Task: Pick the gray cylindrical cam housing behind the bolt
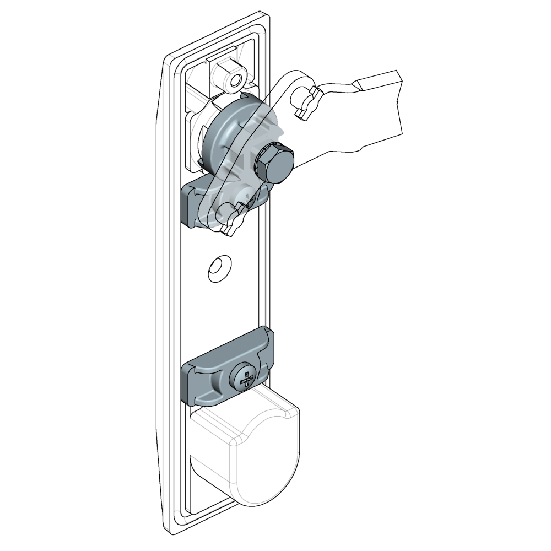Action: coord(226,135)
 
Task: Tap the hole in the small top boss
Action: coord(236,82)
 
